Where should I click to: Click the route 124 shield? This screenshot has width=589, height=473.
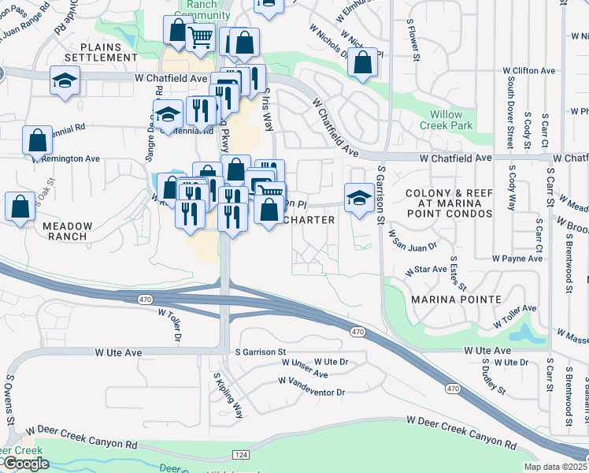[241, 455]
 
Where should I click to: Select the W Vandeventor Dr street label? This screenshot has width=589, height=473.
[312, 386]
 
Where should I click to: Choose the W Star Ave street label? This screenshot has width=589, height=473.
[426, 270]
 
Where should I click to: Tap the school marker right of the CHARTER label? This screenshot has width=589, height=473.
[358, 196]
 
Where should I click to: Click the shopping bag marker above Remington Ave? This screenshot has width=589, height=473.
[37, 140]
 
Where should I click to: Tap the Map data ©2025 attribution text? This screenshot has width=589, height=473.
[554, 467]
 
